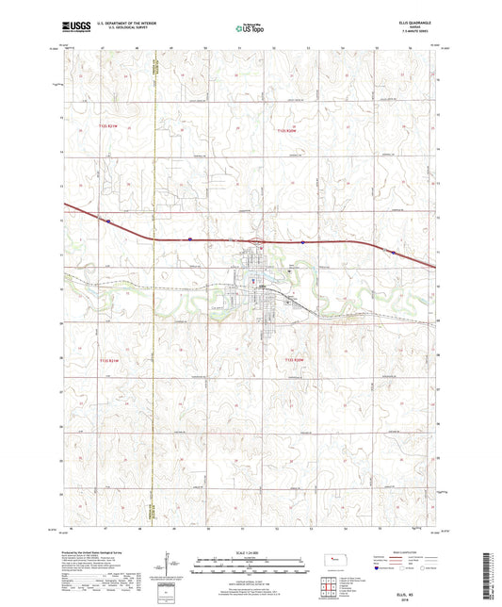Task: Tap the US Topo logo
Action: pos(249,29)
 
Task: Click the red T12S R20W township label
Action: pos(285,131)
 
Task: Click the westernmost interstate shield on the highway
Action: pos(109,222)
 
